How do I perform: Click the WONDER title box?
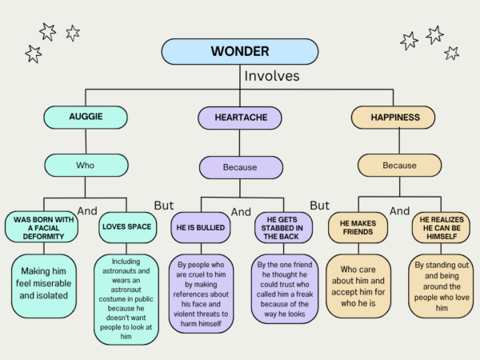coord(240,51)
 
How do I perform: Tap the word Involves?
coord(272,76)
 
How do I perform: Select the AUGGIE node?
coord(86,118)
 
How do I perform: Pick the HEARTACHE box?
coord(240,118)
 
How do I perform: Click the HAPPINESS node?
coord(393,118)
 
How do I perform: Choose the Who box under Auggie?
coord(86,166)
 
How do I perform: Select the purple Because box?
coord(241,167)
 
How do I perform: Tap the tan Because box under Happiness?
coord(399,166)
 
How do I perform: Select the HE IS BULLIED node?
coord(201,227)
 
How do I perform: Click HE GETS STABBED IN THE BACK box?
coord(283,227)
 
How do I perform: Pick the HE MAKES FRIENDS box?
coord(358,227)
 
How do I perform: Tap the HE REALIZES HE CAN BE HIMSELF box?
coord(441,227)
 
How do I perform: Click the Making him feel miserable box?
coord(44,286)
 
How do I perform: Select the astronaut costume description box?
coord(126,299)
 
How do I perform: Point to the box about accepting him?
coord(358,286)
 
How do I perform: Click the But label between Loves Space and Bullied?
coord(164,206)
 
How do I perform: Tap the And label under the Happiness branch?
coord(399,211)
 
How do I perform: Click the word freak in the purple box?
coord(304,294)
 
